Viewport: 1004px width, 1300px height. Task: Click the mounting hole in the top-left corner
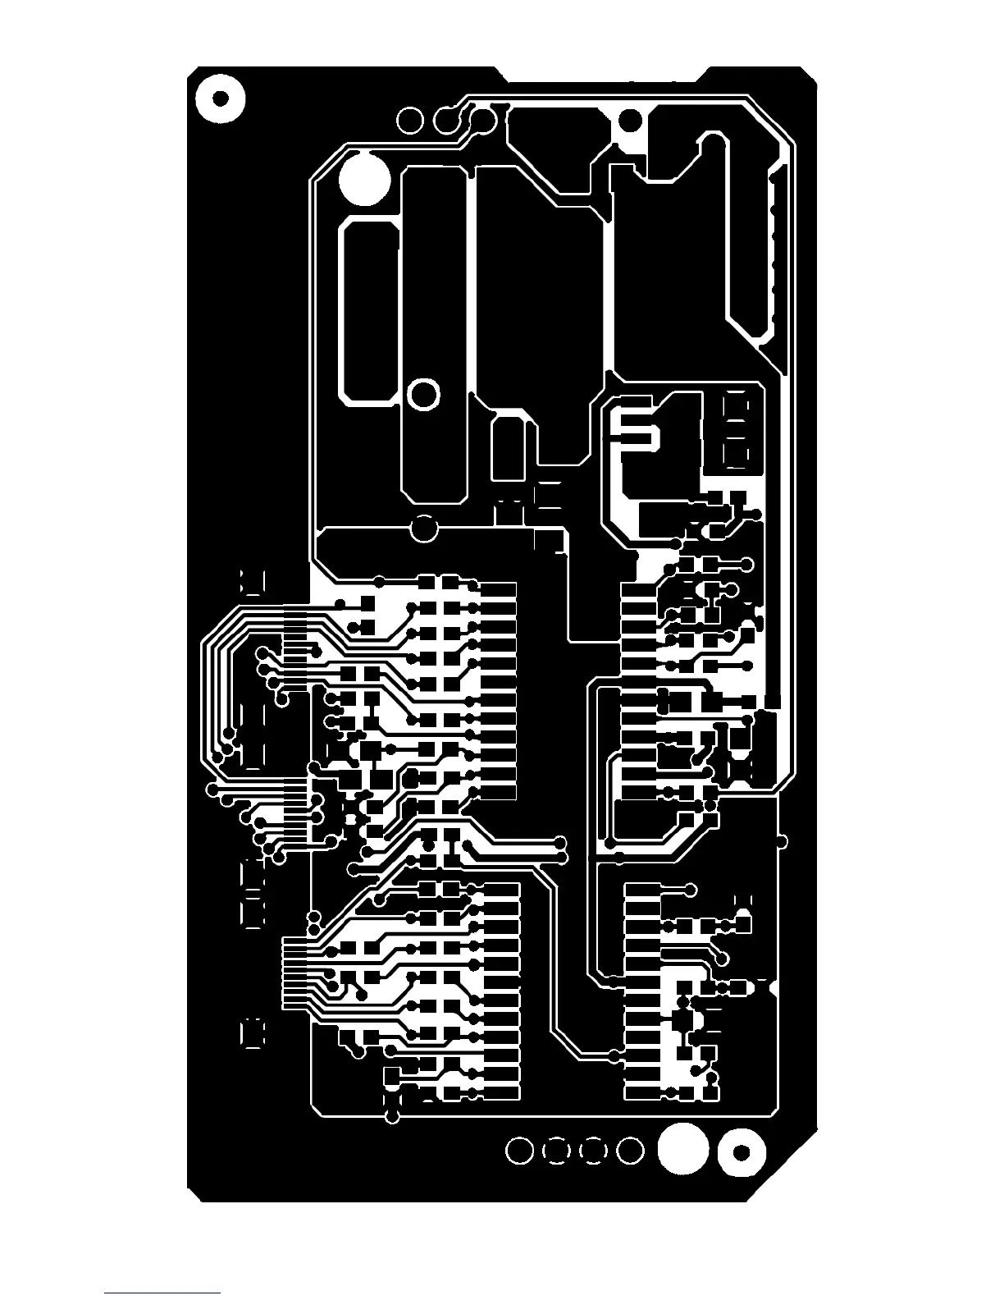point(220,98)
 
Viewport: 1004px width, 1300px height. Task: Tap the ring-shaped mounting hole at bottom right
point(742,1153)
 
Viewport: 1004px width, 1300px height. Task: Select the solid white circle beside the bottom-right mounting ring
point(682,1149)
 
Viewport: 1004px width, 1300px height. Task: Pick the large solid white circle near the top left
point(364,179)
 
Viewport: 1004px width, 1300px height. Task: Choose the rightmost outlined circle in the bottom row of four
point(630,1151)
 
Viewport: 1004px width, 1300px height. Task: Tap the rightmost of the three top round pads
point(482,120)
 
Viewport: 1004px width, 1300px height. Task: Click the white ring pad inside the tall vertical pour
point(423,395)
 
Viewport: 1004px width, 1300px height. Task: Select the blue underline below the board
point(162,1294)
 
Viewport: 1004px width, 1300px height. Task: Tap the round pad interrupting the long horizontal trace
point(424,528)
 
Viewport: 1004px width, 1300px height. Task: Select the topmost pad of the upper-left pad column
point(498,590)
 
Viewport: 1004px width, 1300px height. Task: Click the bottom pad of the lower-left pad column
point(502,1093)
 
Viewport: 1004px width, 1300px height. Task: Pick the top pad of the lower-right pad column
point(642,890)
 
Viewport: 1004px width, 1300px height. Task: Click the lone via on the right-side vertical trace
point(782,841)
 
